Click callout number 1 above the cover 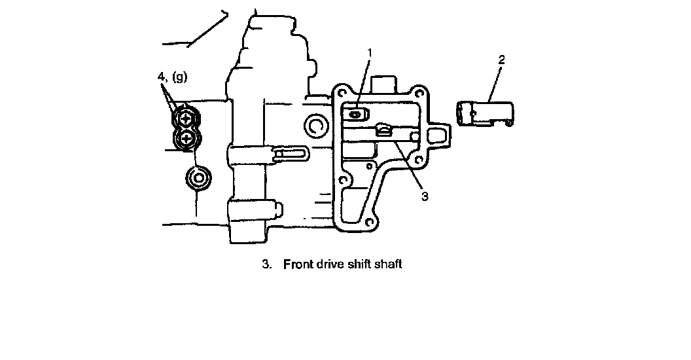coord(370,52)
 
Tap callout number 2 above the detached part coord(501,60)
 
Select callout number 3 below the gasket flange coord(424,195)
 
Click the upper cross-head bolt coord(186,118)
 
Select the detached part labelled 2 coord(484,113)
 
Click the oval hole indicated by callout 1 coord(354,114)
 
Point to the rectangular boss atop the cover coord(384,84)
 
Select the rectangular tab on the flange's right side coord(436,135)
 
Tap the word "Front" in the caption coord(297,264)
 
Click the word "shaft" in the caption coord(385,264)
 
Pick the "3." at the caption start coord(266,264)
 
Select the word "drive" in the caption coord(330,264)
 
